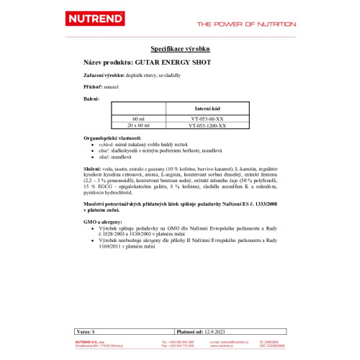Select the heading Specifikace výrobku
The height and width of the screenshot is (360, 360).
coord(179,49)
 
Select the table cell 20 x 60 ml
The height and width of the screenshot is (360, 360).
coord(138,125)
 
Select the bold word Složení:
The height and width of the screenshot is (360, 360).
coord(94,168)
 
